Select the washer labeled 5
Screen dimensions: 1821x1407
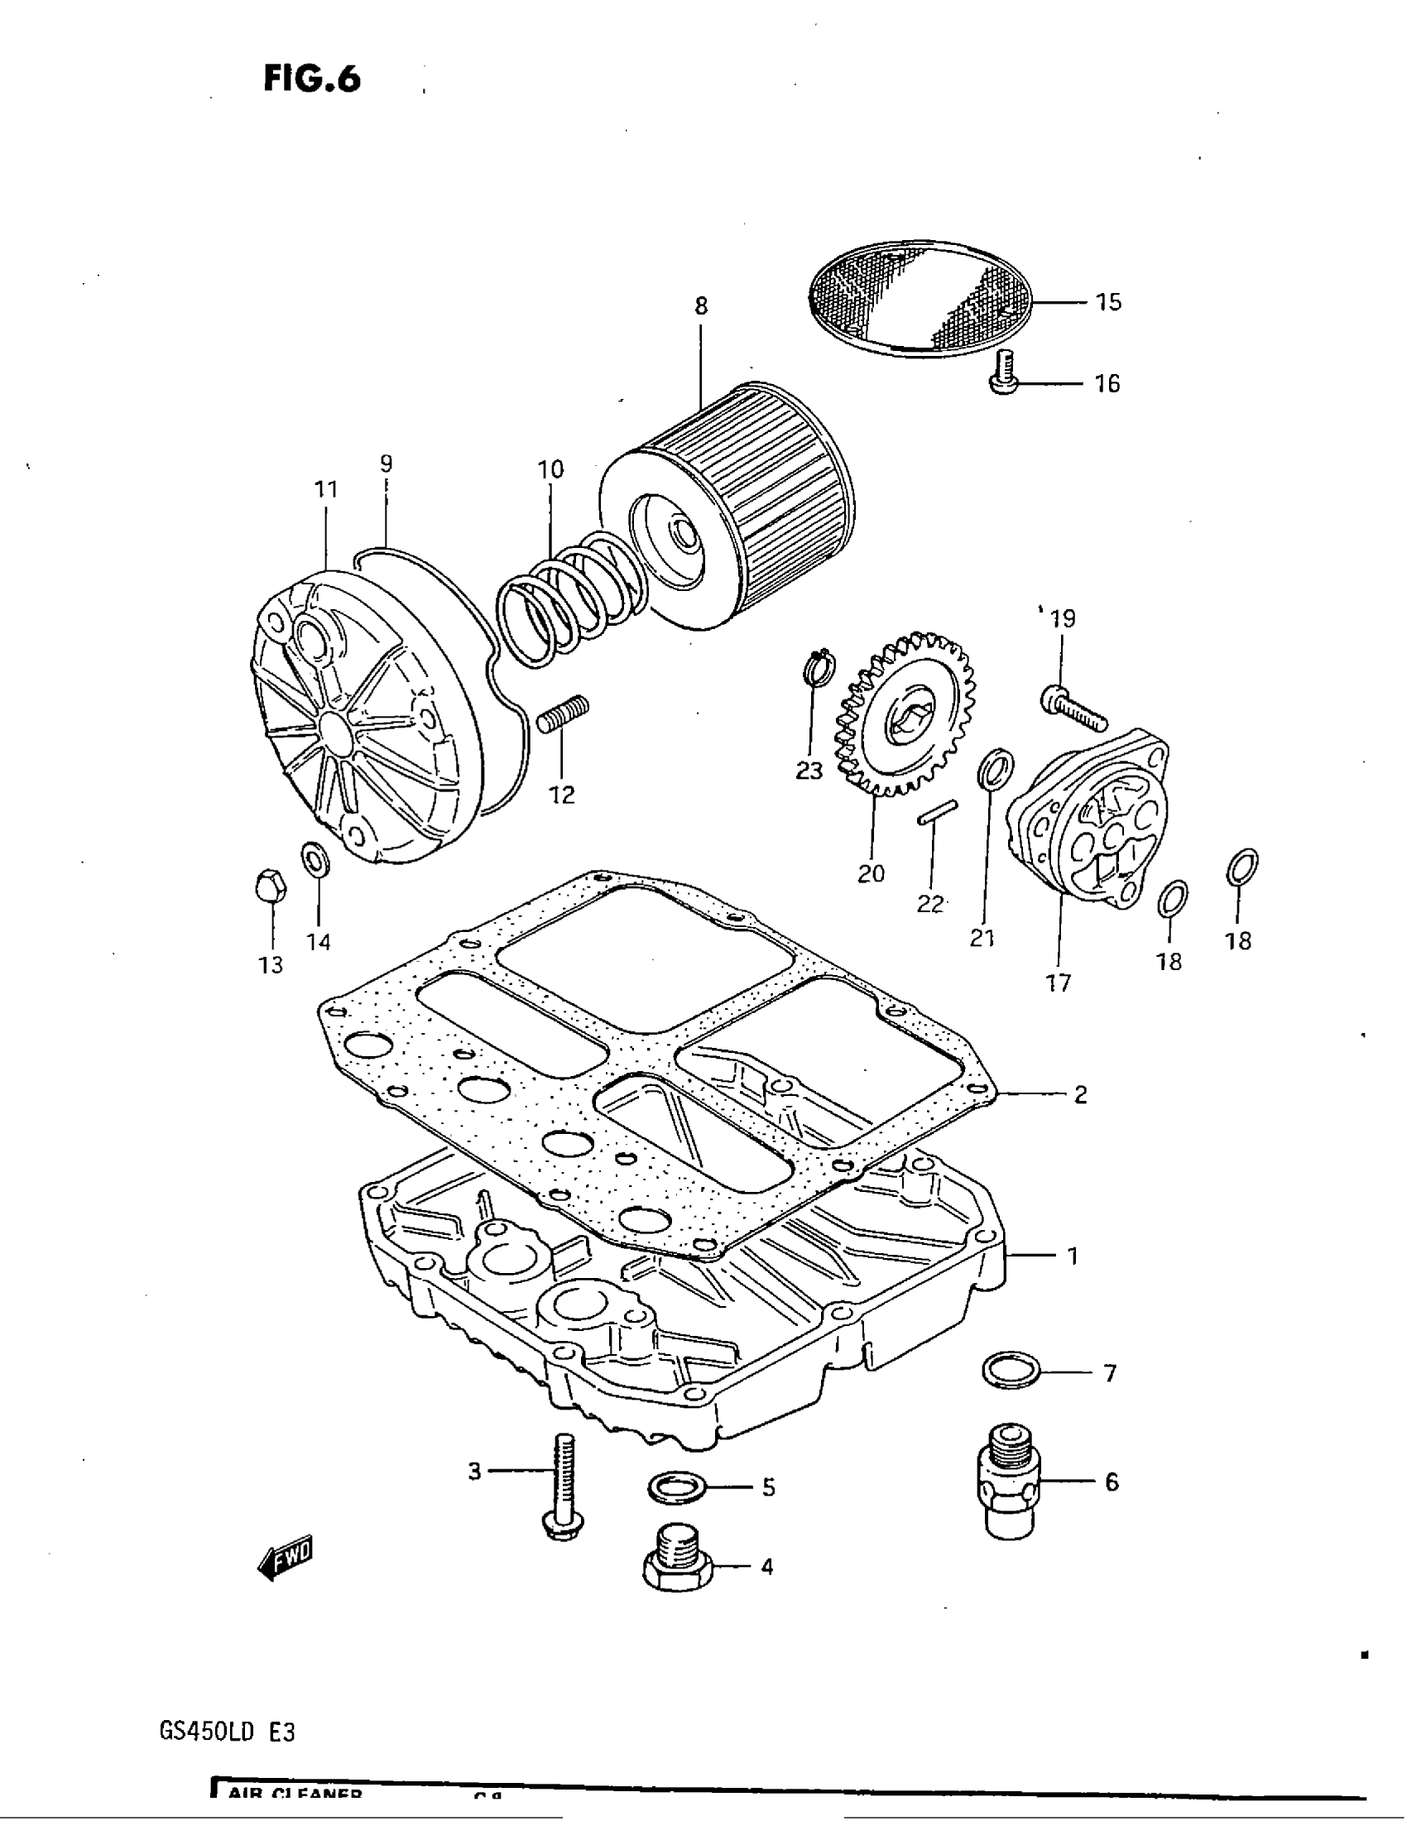click(x=677, y=1487)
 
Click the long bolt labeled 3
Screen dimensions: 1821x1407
click(x=564, y=1487)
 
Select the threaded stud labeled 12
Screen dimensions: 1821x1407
click(x=563, y=714)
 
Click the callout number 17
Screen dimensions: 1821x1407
click(x=1058, y=983)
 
